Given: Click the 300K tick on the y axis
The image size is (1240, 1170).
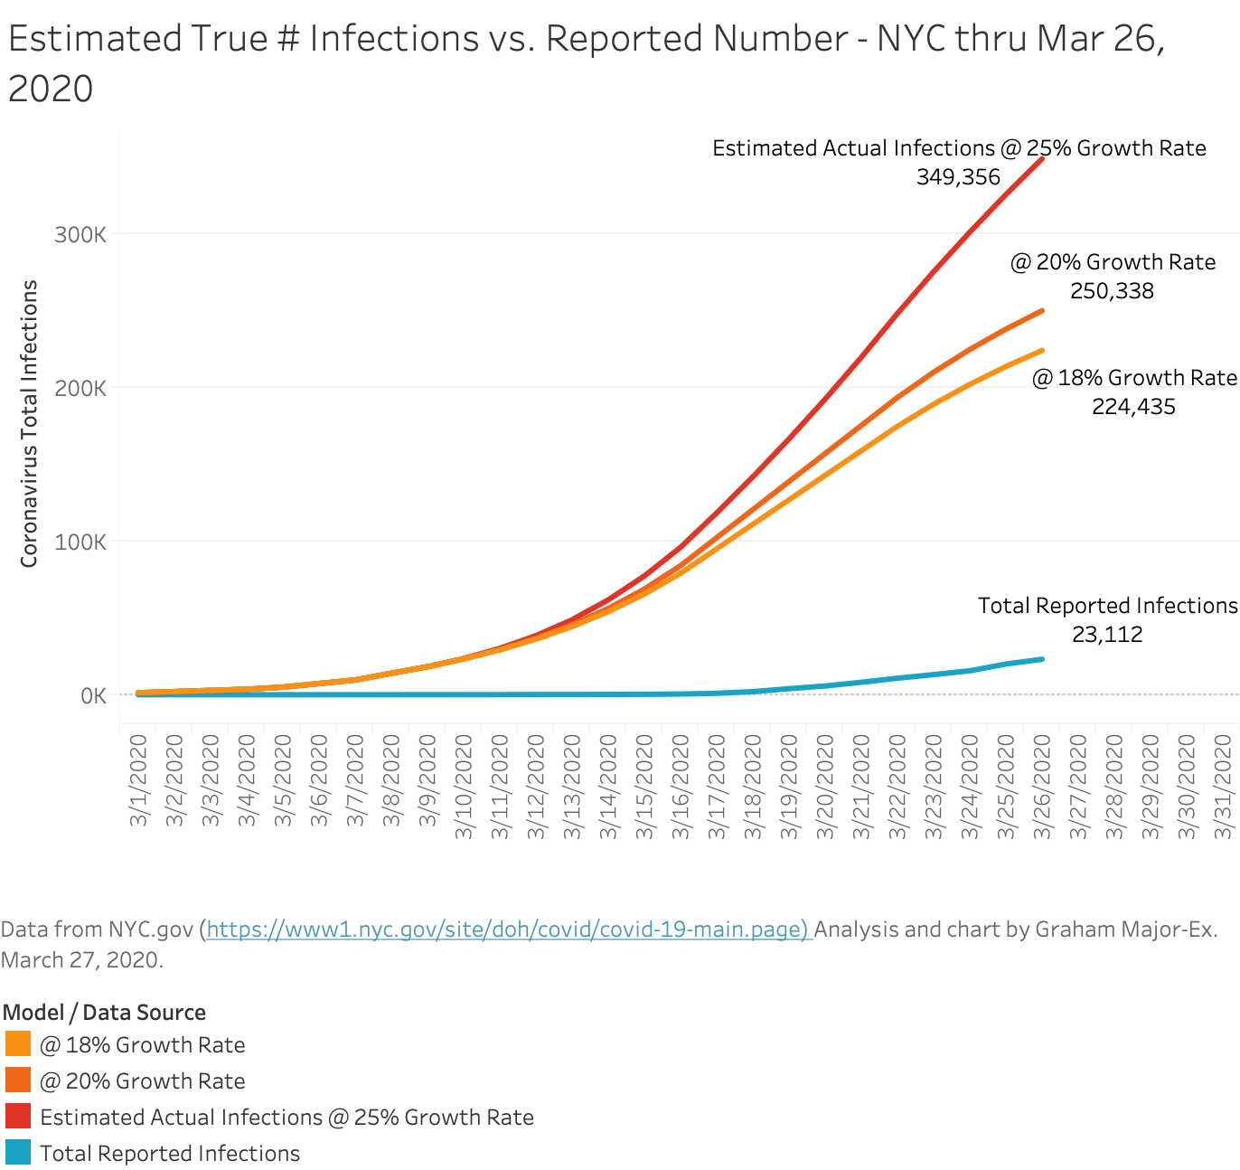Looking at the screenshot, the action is pos(80,235).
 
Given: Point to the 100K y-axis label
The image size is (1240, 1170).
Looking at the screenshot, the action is pos(80,543).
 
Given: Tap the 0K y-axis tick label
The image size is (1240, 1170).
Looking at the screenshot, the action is pos(94,696).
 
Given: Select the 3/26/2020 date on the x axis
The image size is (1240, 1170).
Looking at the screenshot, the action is pos(1042,788).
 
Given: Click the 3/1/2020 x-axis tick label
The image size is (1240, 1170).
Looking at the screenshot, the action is pos(138,781).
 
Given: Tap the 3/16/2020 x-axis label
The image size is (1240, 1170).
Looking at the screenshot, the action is pos(681,788).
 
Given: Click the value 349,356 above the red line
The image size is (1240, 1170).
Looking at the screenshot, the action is pos(958,177).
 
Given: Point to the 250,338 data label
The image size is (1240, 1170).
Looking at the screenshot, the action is pos(1112,290).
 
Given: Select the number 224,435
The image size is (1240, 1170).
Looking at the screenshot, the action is pos(1133,407).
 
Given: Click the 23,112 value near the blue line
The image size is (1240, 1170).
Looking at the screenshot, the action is pos(1107,634).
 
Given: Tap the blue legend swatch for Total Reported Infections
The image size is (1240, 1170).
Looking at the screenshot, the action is pos(17,1153).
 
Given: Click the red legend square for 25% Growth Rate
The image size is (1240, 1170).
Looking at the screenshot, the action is pos(17,1117).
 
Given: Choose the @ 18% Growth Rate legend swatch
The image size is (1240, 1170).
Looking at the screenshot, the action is pos(17,1043).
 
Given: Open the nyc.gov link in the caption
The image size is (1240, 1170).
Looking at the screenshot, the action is pos(508,929).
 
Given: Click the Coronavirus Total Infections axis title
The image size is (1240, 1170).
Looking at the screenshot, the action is pos(29,423).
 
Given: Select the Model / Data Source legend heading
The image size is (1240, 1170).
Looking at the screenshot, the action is pos(104,1012).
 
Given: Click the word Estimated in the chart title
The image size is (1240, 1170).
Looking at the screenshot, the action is pos(95,38).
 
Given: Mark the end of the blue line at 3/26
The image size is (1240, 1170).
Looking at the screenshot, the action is pos(1042,659).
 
